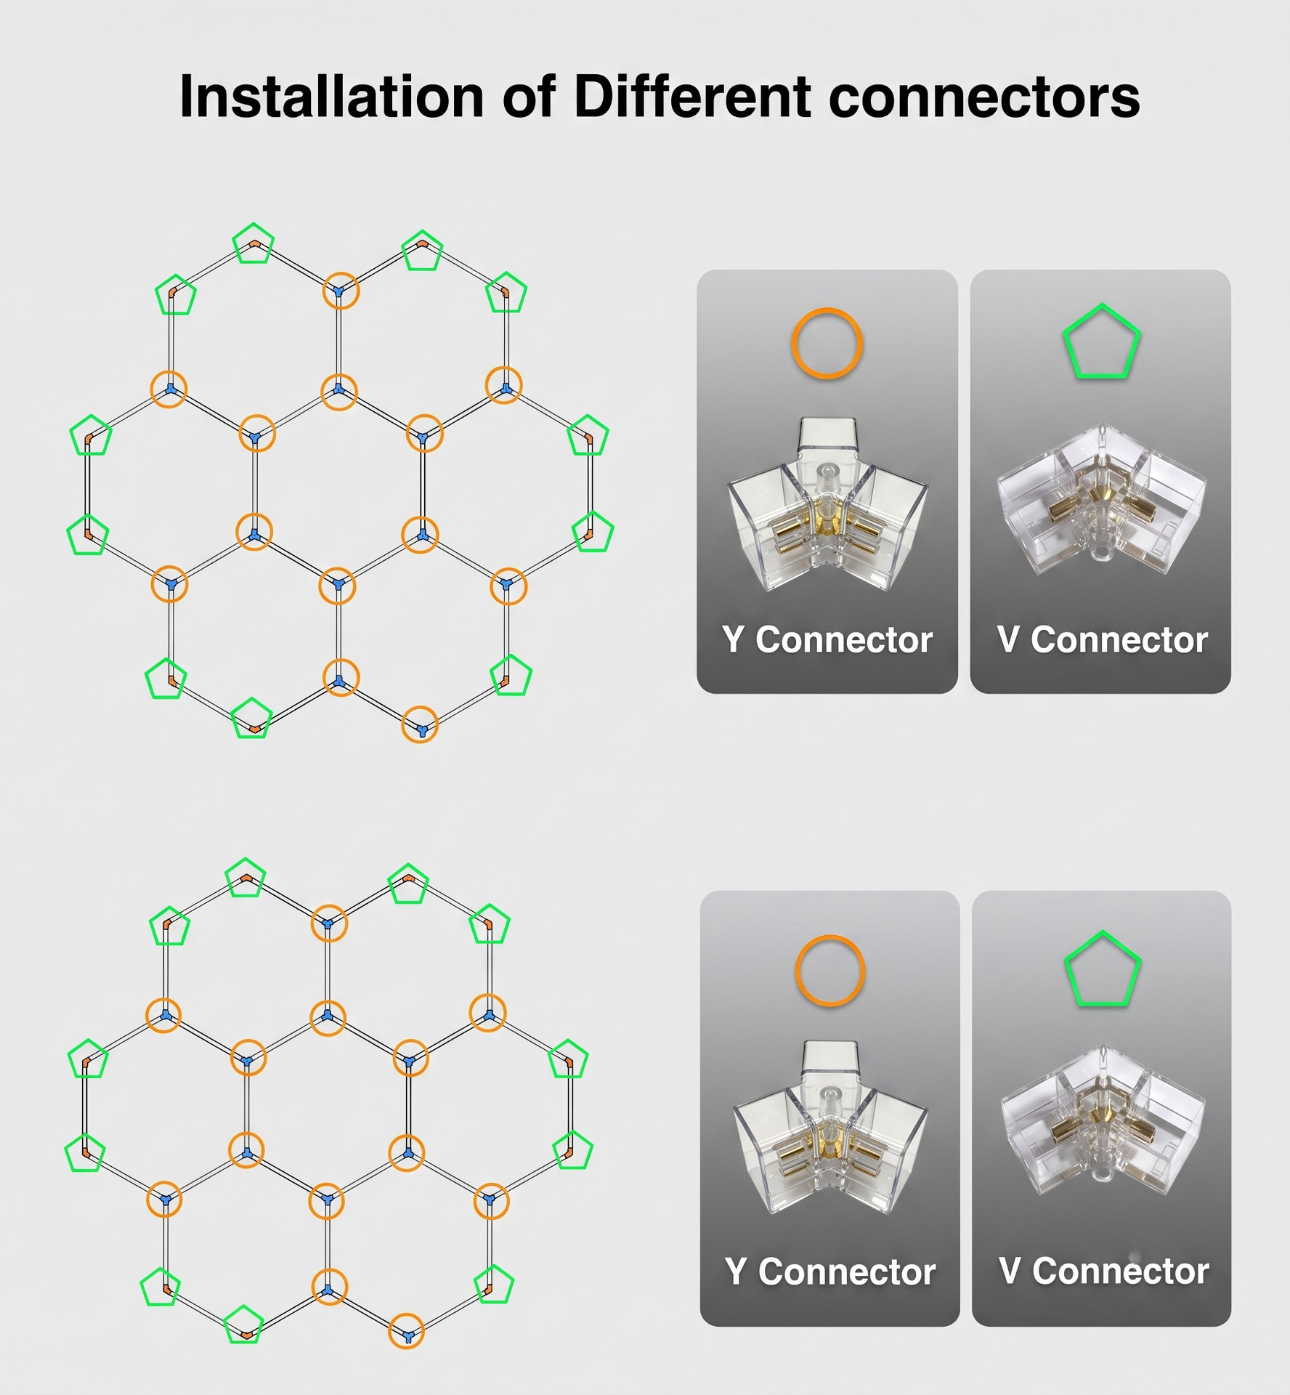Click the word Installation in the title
pyautogui.click(x=331, y=96)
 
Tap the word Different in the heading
pyautogui.click(x=692, y=96)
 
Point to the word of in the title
pyautogui.click(x=529, y=96)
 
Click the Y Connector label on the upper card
pyautogui.click(x=827, y=639)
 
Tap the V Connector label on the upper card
pyautogui.click(x=1102, y=639)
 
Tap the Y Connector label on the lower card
pyautogui.click(x=829, y=1271)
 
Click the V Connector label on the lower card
pyautogui.click(x=1103, y=1271)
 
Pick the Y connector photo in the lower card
pyautogui.click(x=830, y=1128)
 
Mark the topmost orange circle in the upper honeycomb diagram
pyautogui.click(x=341, y=274)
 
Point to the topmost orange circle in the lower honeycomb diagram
pyautogui.click(x=329, y=906)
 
